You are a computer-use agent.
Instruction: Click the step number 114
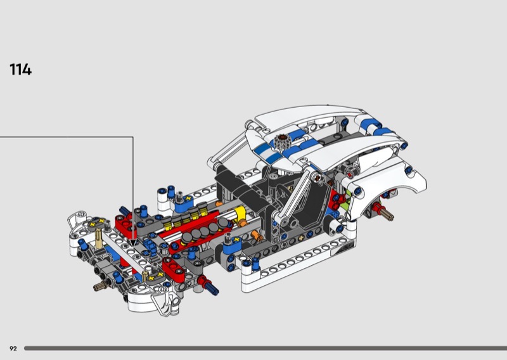tap(21, 70)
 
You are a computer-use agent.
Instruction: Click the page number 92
tap(13, 349)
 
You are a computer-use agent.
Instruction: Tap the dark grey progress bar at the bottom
tap(266, 349)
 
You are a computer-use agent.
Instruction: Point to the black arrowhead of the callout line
tap(133, 243)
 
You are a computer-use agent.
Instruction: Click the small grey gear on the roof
tap(283, 142)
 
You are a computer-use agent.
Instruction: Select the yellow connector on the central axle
tap(240, 214)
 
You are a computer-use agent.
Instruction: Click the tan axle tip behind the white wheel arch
tap(387, 214)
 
